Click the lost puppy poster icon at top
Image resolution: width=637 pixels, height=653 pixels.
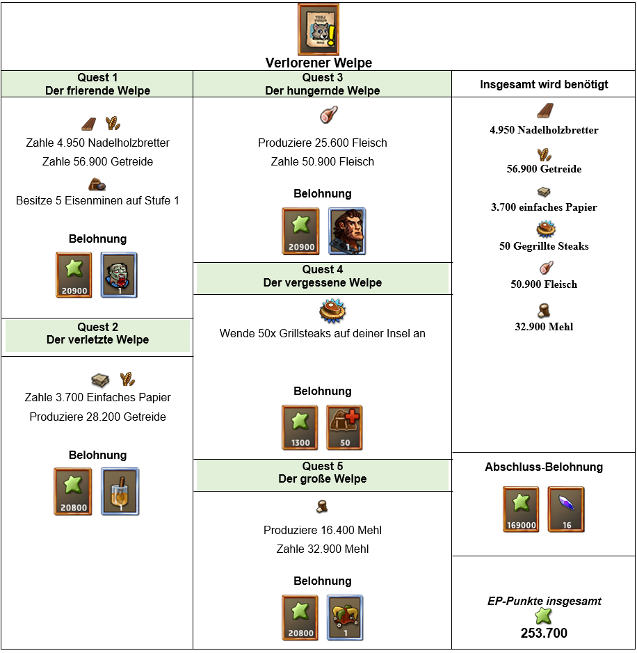318,29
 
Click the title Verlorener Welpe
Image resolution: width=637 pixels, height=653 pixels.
318,63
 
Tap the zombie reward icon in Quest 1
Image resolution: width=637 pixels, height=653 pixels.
119,275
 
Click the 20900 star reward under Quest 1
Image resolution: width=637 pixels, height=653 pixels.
74,275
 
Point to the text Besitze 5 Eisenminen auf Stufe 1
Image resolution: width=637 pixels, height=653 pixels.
97,200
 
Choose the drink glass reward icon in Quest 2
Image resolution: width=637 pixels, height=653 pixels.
120,492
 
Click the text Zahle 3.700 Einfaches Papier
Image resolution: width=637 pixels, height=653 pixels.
97,397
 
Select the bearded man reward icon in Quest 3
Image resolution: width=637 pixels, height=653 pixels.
347,231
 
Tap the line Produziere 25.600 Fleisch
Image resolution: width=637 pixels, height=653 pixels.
322,143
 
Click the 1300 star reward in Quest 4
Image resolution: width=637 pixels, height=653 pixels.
300,428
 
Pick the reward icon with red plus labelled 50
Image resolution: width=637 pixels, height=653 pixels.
344,428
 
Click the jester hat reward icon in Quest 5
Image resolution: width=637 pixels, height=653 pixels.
345,618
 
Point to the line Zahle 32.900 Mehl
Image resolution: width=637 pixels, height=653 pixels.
322,549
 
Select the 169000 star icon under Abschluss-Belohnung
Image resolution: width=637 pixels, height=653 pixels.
521,509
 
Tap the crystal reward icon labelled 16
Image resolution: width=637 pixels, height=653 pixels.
566,509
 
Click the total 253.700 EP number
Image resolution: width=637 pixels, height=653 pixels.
544,633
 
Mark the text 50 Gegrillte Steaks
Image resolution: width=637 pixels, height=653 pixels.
544,246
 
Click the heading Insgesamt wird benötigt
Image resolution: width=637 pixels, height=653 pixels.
544,85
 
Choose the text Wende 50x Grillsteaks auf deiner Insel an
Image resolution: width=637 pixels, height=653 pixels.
322,333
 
